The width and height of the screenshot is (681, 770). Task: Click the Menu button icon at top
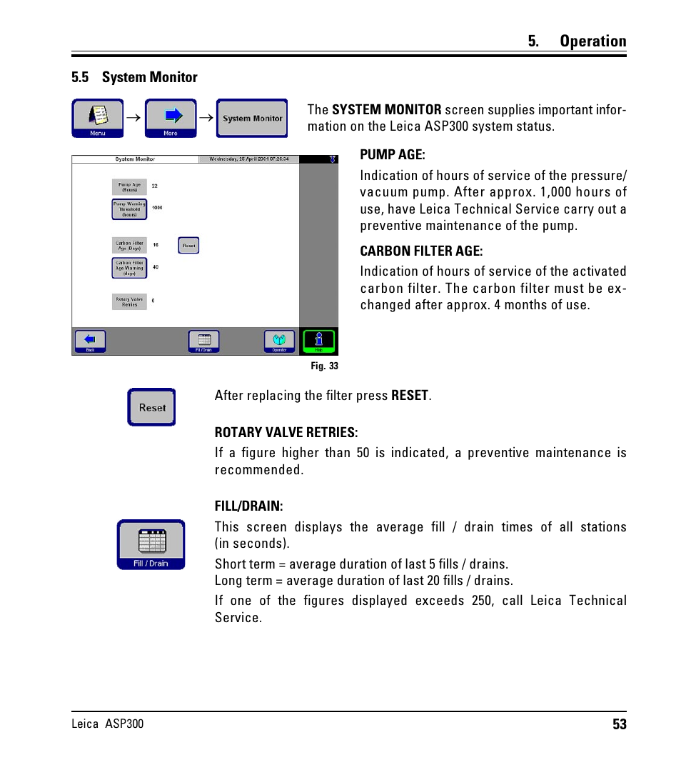[98, 118]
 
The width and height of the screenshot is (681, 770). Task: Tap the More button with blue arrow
[171, 118]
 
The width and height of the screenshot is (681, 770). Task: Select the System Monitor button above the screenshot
[252, 118]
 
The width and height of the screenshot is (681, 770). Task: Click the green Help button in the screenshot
[318, 341]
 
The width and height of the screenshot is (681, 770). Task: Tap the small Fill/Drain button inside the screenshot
[203, 341]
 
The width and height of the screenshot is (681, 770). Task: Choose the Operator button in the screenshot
[279, 341]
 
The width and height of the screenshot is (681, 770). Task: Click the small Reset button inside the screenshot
[188, 246]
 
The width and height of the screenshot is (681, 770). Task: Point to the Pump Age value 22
[154, 186]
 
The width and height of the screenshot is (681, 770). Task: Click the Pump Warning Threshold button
[129, 209]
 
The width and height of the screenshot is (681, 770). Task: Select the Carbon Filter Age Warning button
[129, 268]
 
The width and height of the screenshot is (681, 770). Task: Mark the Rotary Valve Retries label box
[129, 301]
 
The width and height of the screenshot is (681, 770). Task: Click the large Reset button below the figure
[151, 407]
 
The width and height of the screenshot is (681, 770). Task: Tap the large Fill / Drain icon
[151, 544]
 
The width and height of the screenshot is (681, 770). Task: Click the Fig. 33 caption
[324, 366]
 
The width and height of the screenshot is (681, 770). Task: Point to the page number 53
[619, 724]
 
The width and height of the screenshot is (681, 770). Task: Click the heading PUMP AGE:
[392, 155]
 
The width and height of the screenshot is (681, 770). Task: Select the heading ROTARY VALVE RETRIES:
[286, 433]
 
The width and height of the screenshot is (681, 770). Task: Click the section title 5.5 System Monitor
[134, 77]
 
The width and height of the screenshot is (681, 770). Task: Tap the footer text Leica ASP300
[107, 724]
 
